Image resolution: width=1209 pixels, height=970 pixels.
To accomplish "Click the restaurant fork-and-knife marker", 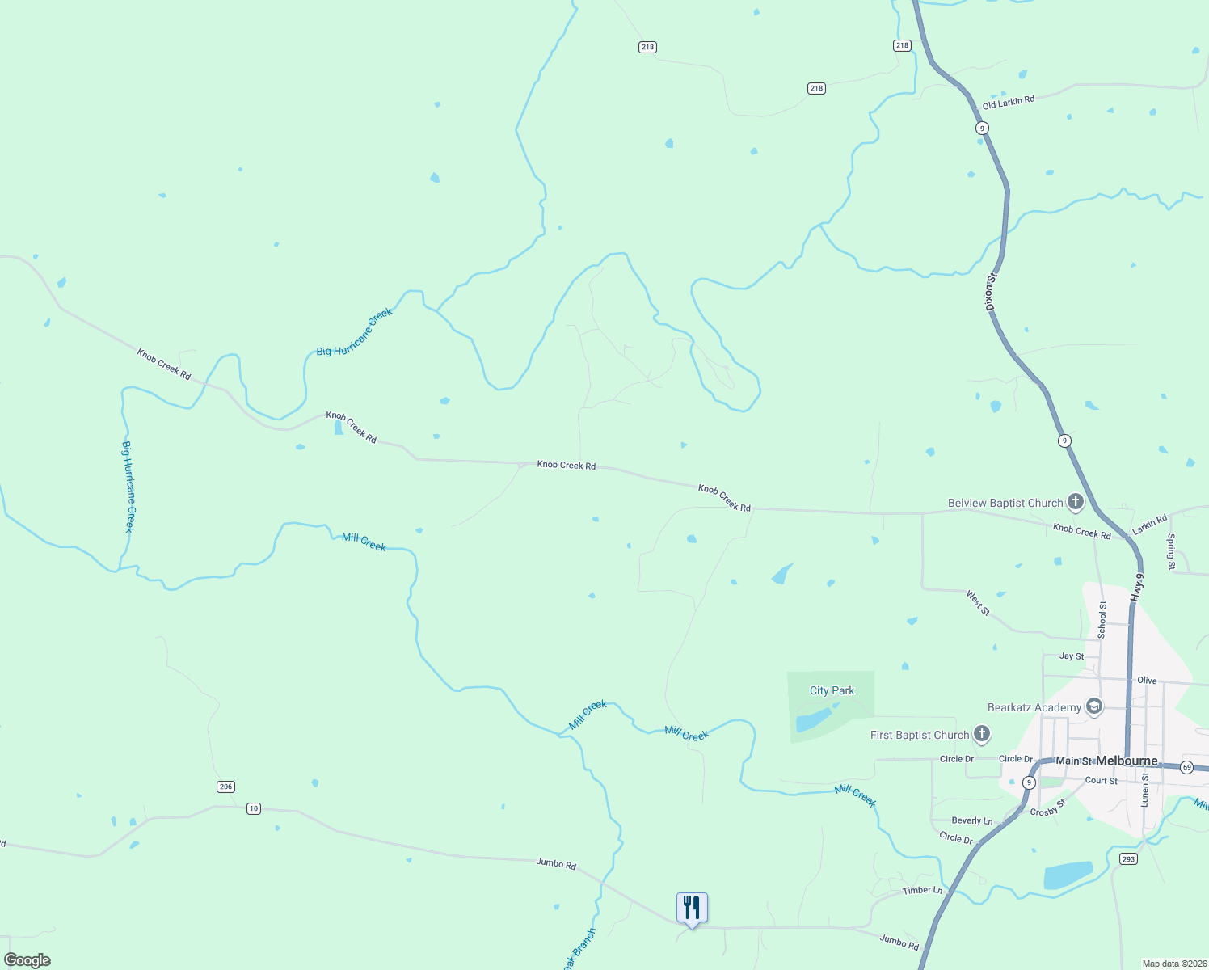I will [692, 907].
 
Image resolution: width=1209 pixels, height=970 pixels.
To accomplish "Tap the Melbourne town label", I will [1127, 761].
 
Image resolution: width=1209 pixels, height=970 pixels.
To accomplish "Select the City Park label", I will [832, 690].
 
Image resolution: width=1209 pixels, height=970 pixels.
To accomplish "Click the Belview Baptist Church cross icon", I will [1075, 502].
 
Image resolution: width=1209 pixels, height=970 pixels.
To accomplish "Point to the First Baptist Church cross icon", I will [981, 734].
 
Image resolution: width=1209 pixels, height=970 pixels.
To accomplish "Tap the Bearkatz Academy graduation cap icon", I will [1093, 706].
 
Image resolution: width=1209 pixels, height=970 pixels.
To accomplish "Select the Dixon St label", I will [992, 292].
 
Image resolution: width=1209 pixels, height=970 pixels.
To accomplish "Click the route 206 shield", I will [225, 787].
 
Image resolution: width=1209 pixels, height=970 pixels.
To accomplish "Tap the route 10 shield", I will [254, 808].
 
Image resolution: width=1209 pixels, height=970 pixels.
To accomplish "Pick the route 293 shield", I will [1128, 858].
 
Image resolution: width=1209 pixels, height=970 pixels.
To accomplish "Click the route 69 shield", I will [1186, 766].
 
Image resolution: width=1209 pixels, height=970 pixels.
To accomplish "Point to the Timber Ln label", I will [922, 890].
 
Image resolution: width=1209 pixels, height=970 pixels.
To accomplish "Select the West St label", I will [978, 602].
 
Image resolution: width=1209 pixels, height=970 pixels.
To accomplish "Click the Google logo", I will [27, 959].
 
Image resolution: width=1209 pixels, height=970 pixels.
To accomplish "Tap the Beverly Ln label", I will [972, 820].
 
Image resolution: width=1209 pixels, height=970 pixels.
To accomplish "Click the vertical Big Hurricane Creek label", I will [128, 487].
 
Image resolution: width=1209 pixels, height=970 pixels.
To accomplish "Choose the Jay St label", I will [1072, 656].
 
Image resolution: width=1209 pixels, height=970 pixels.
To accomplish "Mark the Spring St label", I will [1171, 552].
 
